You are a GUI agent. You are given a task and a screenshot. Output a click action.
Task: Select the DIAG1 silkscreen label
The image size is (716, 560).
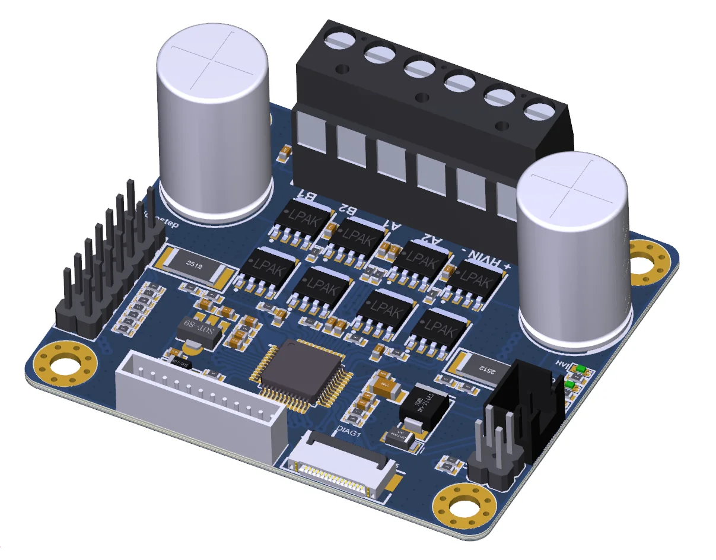coord(349,432)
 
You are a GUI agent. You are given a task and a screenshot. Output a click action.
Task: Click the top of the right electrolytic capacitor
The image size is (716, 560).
coord(572,186)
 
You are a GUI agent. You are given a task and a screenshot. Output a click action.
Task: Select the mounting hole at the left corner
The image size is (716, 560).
coord(65,364)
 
